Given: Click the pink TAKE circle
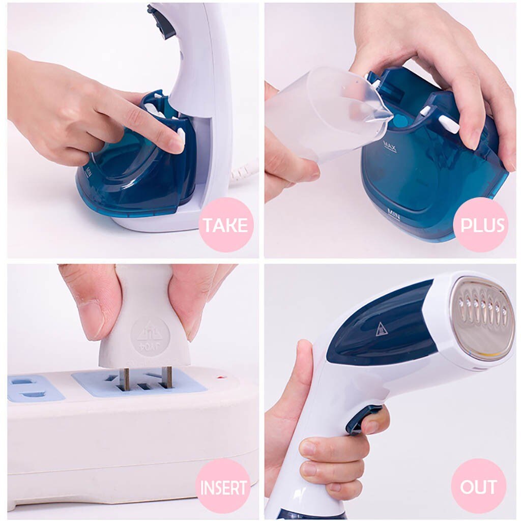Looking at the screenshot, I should (x=226, y=225).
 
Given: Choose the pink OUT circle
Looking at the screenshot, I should (x=478, y=486).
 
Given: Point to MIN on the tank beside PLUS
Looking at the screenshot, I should (x=393, y=213).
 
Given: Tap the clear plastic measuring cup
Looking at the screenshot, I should (x=321, y=112).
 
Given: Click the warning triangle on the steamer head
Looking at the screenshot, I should (x=382, y=329).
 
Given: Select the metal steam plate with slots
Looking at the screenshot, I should (x=481, y=318).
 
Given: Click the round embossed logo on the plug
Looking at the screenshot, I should (x=150, y=336).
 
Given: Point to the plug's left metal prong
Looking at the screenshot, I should (x=125, y=379).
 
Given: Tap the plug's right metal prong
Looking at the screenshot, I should (x=167, y=377).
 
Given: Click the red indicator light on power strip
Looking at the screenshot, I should (x=221, y=378).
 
